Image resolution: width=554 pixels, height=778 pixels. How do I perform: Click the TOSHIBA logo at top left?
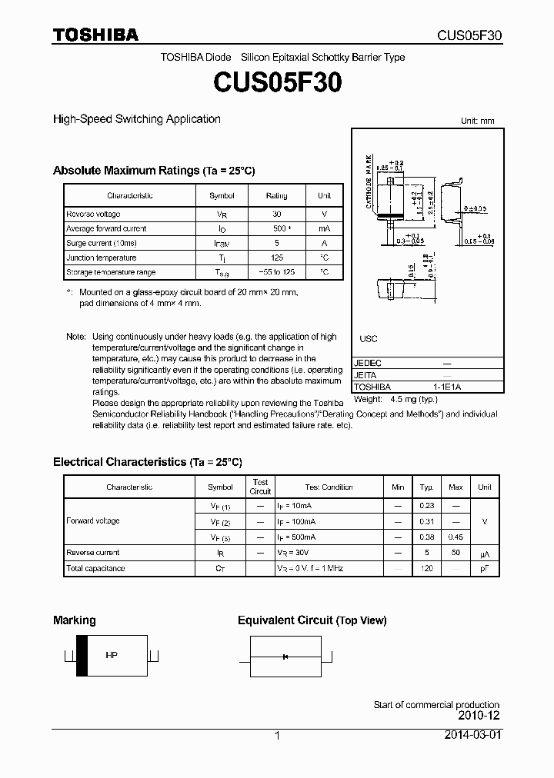(x=95, y=35)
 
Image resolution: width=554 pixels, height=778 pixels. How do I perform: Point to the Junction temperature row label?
(x=101, y=258)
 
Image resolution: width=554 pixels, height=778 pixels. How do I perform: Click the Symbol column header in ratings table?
(x=222, y=196)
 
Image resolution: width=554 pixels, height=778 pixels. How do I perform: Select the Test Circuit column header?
(x=260, y=487)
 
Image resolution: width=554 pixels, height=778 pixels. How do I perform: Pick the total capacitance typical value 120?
(x=427, y=569)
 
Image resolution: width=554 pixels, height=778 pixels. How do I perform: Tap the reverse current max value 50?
(x=456, y=553)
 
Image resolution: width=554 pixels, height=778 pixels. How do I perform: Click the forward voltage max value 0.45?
(x=456, y=537)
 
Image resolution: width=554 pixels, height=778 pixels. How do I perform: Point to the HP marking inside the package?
(x=111, y=655)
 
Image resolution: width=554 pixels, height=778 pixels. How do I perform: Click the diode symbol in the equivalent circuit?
(x=285, y=656)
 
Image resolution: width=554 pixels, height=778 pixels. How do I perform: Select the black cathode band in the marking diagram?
(x=82, y=655)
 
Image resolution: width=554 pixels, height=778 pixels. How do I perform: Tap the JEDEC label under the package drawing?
(x=368, y=363)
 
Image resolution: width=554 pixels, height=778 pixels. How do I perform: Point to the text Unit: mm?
(x=477, y=121)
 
